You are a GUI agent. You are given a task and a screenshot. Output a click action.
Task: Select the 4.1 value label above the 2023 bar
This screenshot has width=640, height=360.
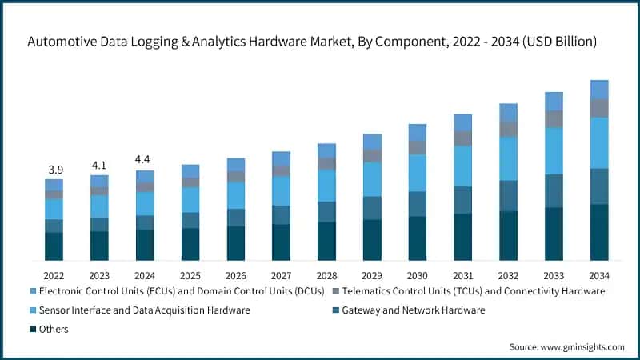pos(99,166)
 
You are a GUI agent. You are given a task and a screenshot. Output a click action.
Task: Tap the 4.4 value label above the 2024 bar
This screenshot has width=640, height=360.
pos(145,160)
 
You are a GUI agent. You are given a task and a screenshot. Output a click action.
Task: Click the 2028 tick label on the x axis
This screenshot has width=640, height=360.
pos(326,274)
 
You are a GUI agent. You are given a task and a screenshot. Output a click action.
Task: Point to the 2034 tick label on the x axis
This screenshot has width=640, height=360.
pos(599,274)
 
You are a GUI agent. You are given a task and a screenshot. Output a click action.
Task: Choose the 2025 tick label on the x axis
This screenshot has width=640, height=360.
pos(190,274)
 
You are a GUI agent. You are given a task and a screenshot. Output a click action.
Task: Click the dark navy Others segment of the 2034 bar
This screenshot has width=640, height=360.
pos(599,232)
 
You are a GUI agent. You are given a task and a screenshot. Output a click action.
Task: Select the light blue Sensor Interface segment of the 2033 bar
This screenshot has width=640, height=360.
pos(554,150)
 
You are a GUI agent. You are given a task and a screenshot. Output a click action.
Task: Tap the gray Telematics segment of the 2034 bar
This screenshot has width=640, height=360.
pos(599,108)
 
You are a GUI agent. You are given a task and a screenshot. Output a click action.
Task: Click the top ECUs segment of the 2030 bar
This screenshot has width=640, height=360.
pos(418,132)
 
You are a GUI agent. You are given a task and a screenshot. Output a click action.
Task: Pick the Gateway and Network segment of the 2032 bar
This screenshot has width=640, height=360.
pos(508,195)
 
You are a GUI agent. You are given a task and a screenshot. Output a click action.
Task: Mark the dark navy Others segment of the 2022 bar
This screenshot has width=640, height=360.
pos(54,246)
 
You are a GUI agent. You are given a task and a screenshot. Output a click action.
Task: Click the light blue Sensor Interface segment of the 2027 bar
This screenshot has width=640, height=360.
pos(281,190)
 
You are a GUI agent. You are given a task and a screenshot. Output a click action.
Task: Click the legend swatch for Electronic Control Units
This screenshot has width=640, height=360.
pos(33,290)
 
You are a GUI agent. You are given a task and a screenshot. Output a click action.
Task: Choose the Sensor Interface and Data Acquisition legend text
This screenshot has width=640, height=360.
pos(144,310)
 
